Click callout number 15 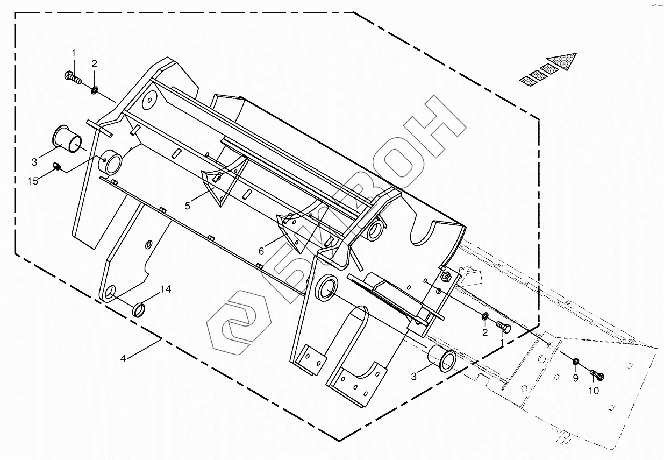pyautogui.click(x=33, y=181)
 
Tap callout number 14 pyautogui.click(x=165, y=289)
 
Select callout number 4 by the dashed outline pyautogui.click(x=123, y=358)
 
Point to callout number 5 pyautogui.click(x=188, y=206)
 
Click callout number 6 pyautogui.click(x=261, y=251)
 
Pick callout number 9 pyautogui.click(x=575, y=378)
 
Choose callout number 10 pyautogui.click(x=593, y=391)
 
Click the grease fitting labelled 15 pyautogui.click(x=57, y=168)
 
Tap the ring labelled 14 pyautogui.click(x=139, y=310)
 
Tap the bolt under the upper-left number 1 pyautogui.click(x=72, y=78)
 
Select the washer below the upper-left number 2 pyautogui.click(x=94, y=89)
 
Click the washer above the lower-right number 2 pyautogui.click(x=485, y=316)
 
